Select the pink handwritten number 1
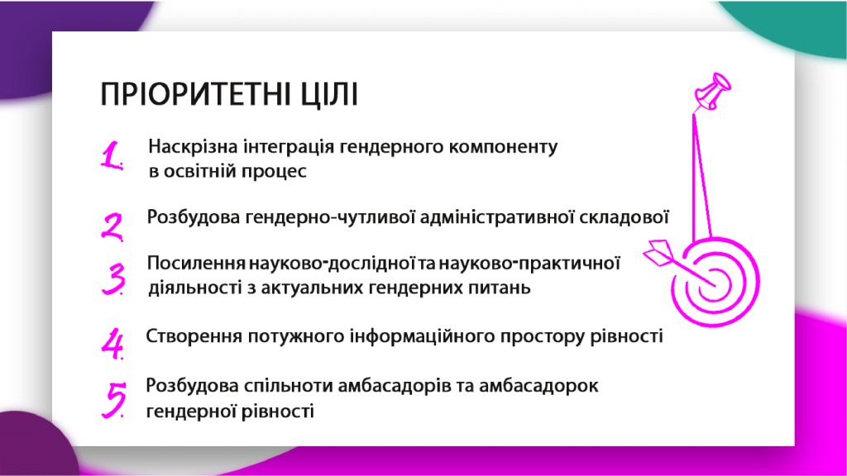(x=112, y=156)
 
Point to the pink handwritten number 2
(x=112, y=226)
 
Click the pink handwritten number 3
(x=113, y=278)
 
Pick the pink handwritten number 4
(x=112, y=343)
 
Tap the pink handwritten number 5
(x=114, y=400)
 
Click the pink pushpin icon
(x=712, y=91)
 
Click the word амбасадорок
(x=538, y=386)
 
